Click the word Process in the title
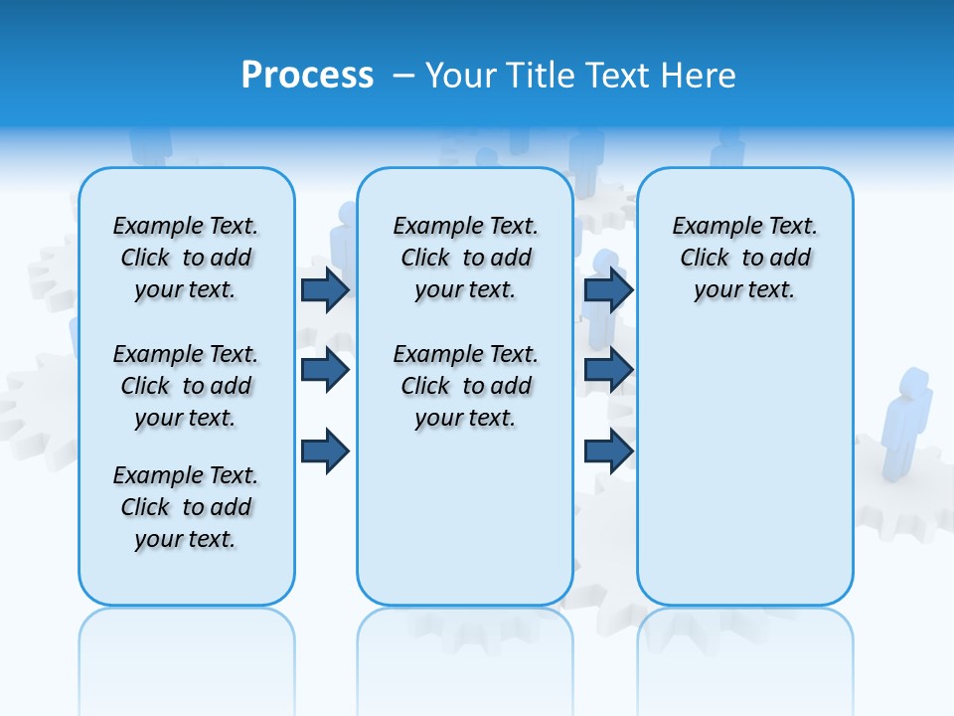[307, 76]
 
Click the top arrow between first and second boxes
[325, 290]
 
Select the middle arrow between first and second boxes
[325, 370]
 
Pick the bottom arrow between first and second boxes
[325, 450]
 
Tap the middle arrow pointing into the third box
[608, 370]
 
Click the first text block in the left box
[186, 258]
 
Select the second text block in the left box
[186, 386]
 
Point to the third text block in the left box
[186, 507]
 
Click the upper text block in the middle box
[465, 258]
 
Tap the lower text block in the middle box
[465, 386]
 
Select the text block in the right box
[744, 258]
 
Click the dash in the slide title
[404, 76]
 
